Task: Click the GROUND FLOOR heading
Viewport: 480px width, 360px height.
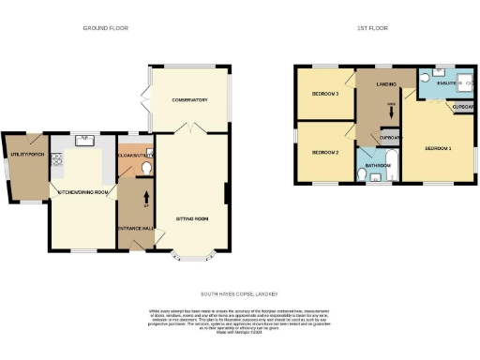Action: coord(106,28)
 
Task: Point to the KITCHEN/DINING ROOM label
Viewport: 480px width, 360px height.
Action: coord(84,192)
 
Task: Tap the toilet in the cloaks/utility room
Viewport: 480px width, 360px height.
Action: coord(147,170)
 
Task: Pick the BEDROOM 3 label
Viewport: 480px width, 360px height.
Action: coord(325,94)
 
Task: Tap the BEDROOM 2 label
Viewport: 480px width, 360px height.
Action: coord(324,152)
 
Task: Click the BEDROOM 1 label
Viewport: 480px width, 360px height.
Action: coord(438,149)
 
